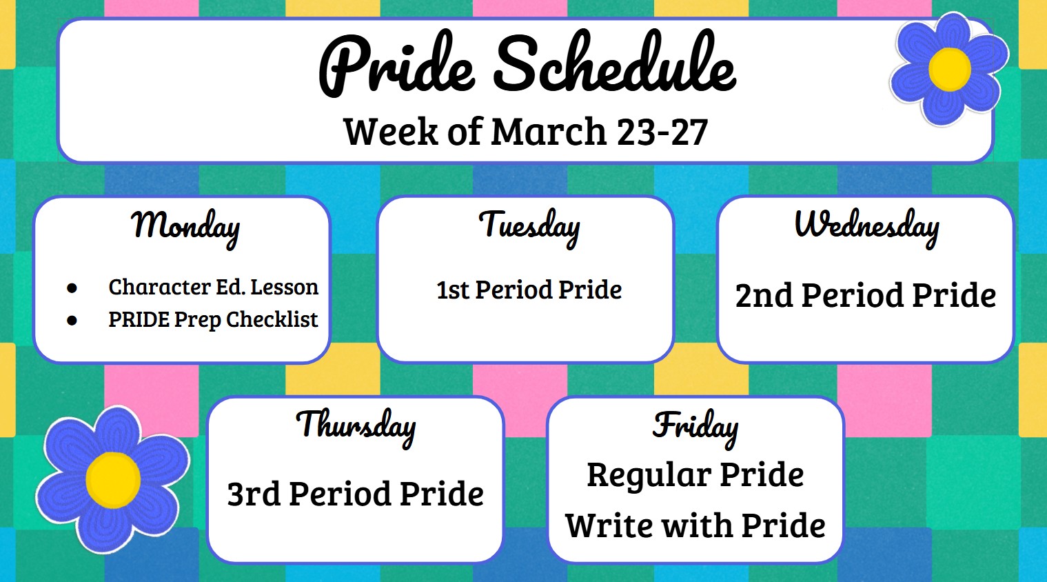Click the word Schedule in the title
click(615, 66)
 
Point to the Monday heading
click(185, 226)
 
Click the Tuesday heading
click(529, 226)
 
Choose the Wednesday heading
click(866, 226)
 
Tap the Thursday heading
click(356, 425)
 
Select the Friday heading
click(695, 425)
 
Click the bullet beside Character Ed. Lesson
click(72, 288)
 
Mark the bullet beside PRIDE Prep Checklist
click(72, 321)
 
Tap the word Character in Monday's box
click(159, 287)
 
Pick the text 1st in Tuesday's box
click(452, 290)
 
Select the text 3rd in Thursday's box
click(253, 494)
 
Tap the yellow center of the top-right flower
click(949, 69)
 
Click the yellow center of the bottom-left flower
click(113, 479)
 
